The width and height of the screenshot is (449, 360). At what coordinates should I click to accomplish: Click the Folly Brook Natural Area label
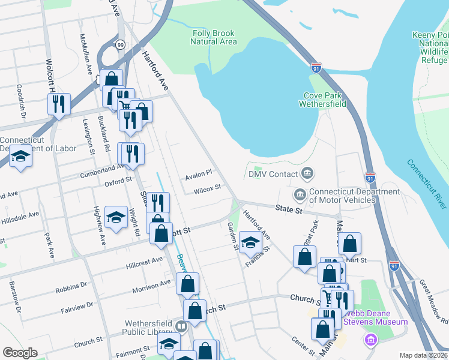(x=214, y=37)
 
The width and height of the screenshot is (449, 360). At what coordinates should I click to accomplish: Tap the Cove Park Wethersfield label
(x=323, y=100)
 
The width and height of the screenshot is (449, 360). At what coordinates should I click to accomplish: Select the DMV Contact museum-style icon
(x=307, y=174)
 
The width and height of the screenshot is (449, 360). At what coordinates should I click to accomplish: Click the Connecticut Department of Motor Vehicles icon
(x=299, y=194)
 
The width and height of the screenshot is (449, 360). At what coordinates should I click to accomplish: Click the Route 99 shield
(x=121, y=44)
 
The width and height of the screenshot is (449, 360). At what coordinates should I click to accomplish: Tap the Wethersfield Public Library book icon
(x=181, y=326)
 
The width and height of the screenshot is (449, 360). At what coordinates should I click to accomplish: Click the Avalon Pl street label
(x=199, y=172)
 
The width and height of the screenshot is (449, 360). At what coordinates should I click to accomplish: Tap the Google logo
(x=20, y=353)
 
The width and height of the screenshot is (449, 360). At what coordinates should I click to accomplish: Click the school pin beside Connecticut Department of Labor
(x=21, y=158)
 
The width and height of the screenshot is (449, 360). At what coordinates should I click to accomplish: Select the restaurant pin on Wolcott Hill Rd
(x=59, y=105)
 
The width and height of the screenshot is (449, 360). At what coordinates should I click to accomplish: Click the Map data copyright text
(x=423, y=355)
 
